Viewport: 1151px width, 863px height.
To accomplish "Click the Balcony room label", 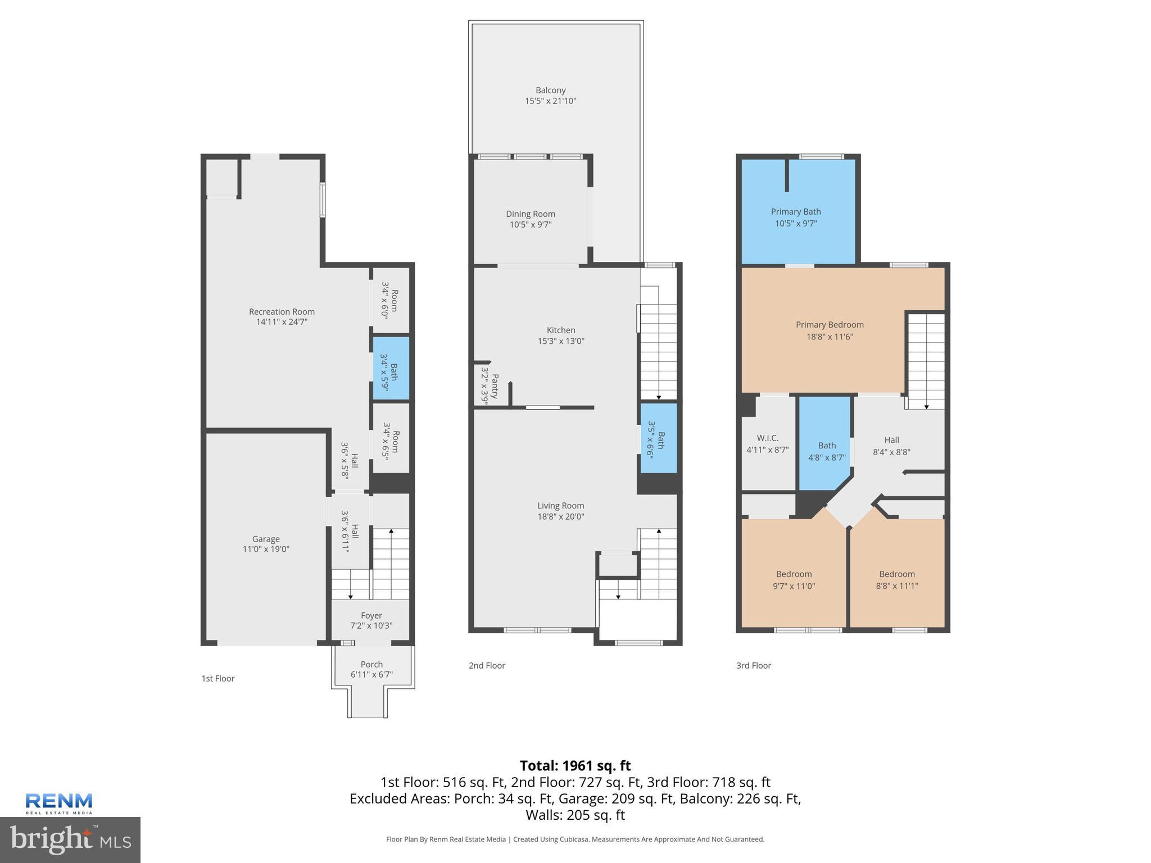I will pos(550,90).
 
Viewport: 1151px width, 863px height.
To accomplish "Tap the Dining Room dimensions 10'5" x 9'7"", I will pos(530,225).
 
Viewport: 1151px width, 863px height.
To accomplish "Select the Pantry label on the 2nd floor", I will pos(495,386).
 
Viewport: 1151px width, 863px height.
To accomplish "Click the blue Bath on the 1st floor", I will pos(391,369).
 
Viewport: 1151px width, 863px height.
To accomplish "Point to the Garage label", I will pos(265,539).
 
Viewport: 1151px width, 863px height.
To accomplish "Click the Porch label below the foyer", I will pos(371,664).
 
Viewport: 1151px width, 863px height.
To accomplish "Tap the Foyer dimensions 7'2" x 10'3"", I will pos(371,625).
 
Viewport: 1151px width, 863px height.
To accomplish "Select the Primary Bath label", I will pos(795,212).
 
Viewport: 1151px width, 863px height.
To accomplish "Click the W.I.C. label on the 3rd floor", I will pos(767,438).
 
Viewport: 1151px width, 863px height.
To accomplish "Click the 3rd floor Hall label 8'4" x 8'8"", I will pos(891,446).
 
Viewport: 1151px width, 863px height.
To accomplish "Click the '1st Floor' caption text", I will pos(218,678).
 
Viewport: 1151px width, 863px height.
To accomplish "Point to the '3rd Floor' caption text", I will pos(754,665).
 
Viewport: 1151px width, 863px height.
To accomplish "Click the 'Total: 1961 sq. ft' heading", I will pos(575,765).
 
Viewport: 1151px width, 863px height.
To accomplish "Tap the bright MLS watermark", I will pos(70,839).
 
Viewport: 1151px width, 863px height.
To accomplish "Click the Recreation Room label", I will pos(282,312).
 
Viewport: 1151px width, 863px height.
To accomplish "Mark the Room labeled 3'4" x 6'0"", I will pos(389,300).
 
